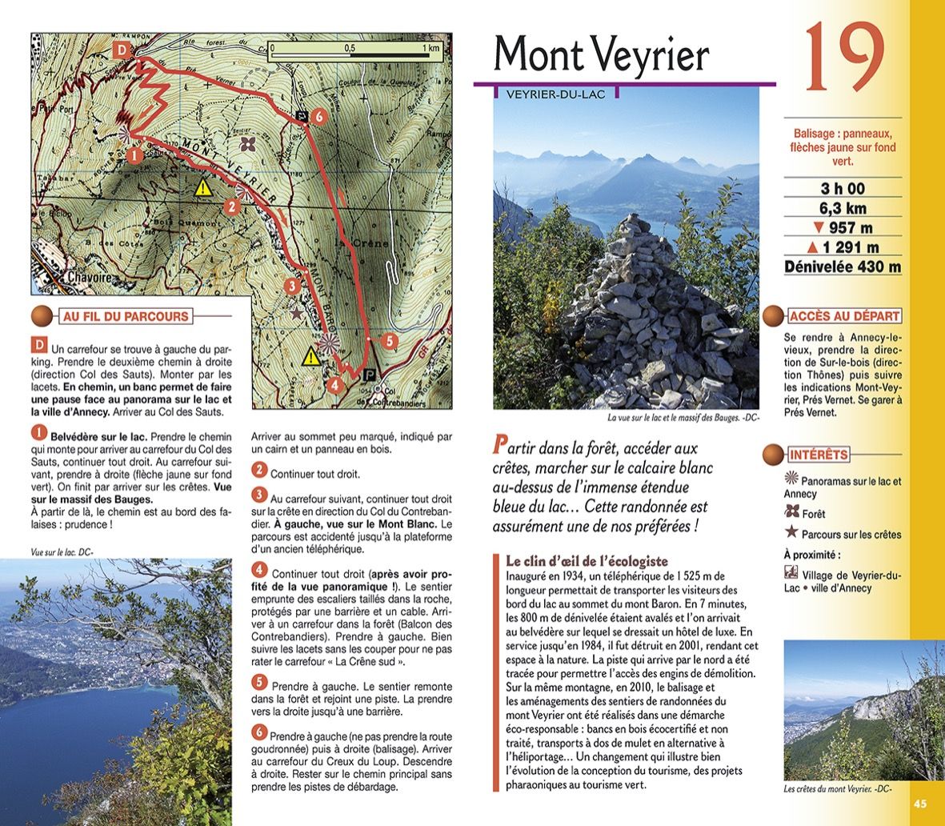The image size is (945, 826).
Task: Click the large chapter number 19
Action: pos(843,58)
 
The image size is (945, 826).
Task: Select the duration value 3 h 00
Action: pos(843,189)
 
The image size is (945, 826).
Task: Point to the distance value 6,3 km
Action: pos(843,209)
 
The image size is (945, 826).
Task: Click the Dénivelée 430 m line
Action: pos(843,267)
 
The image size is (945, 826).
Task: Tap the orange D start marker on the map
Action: pos(122,50)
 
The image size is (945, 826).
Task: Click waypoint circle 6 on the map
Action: pos(318,116)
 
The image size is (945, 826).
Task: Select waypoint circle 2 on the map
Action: pos(231,206)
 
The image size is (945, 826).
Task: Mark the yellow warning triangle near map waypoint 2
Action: pos(204,188)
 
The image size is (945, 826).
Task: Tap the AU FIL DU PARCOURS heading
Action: pos(126,317)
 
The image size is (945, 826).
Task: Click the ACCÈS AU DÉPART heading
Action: pos(844,316)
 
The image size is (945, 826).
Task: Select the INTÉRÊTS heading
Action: pos(818,455)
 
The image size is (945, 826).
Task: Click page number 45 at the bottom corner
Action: pos(920,804)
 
